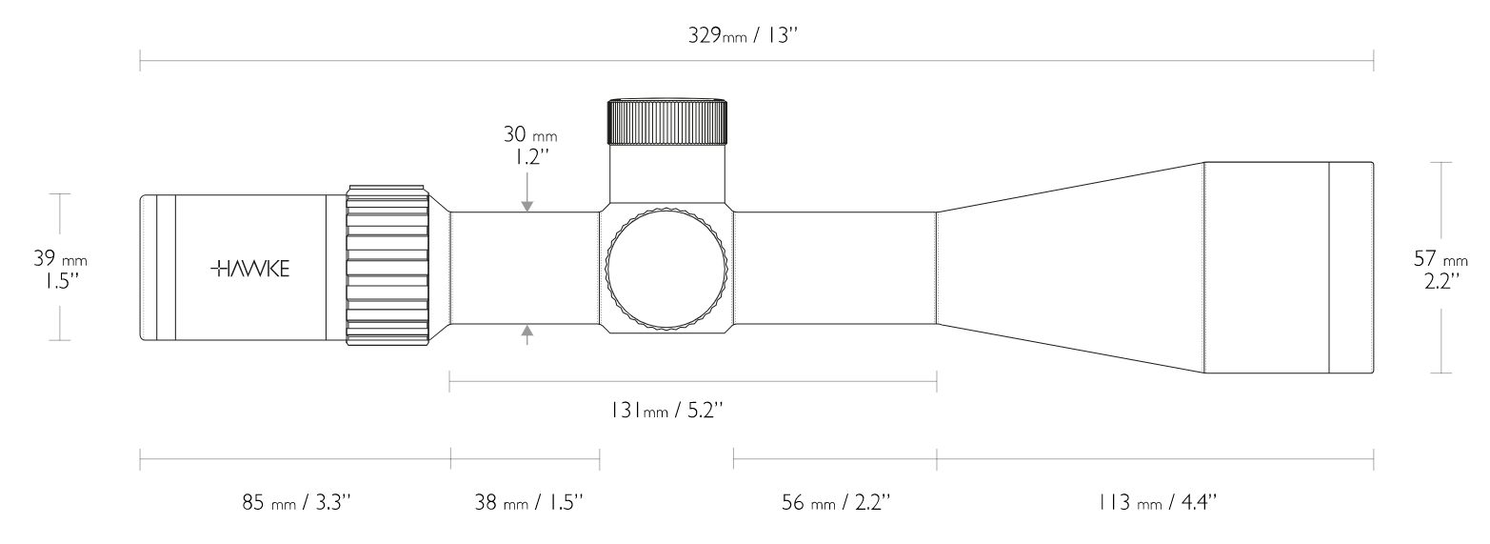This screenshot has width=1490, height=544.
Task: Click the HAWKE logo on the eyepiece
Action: point(249,268)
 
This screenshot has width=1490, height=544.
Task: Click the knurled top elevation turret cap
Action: point(668,120)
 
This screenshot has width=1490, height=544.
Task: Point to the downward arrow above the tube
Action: point(527,204)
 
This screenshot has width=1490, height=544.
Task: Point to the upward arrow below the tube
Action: point(527,332)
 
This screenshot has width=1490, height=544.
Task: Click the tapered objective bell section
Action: point(1066,269)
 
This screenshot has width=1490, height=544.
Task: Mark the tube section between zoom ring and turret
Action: point(525,268)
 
